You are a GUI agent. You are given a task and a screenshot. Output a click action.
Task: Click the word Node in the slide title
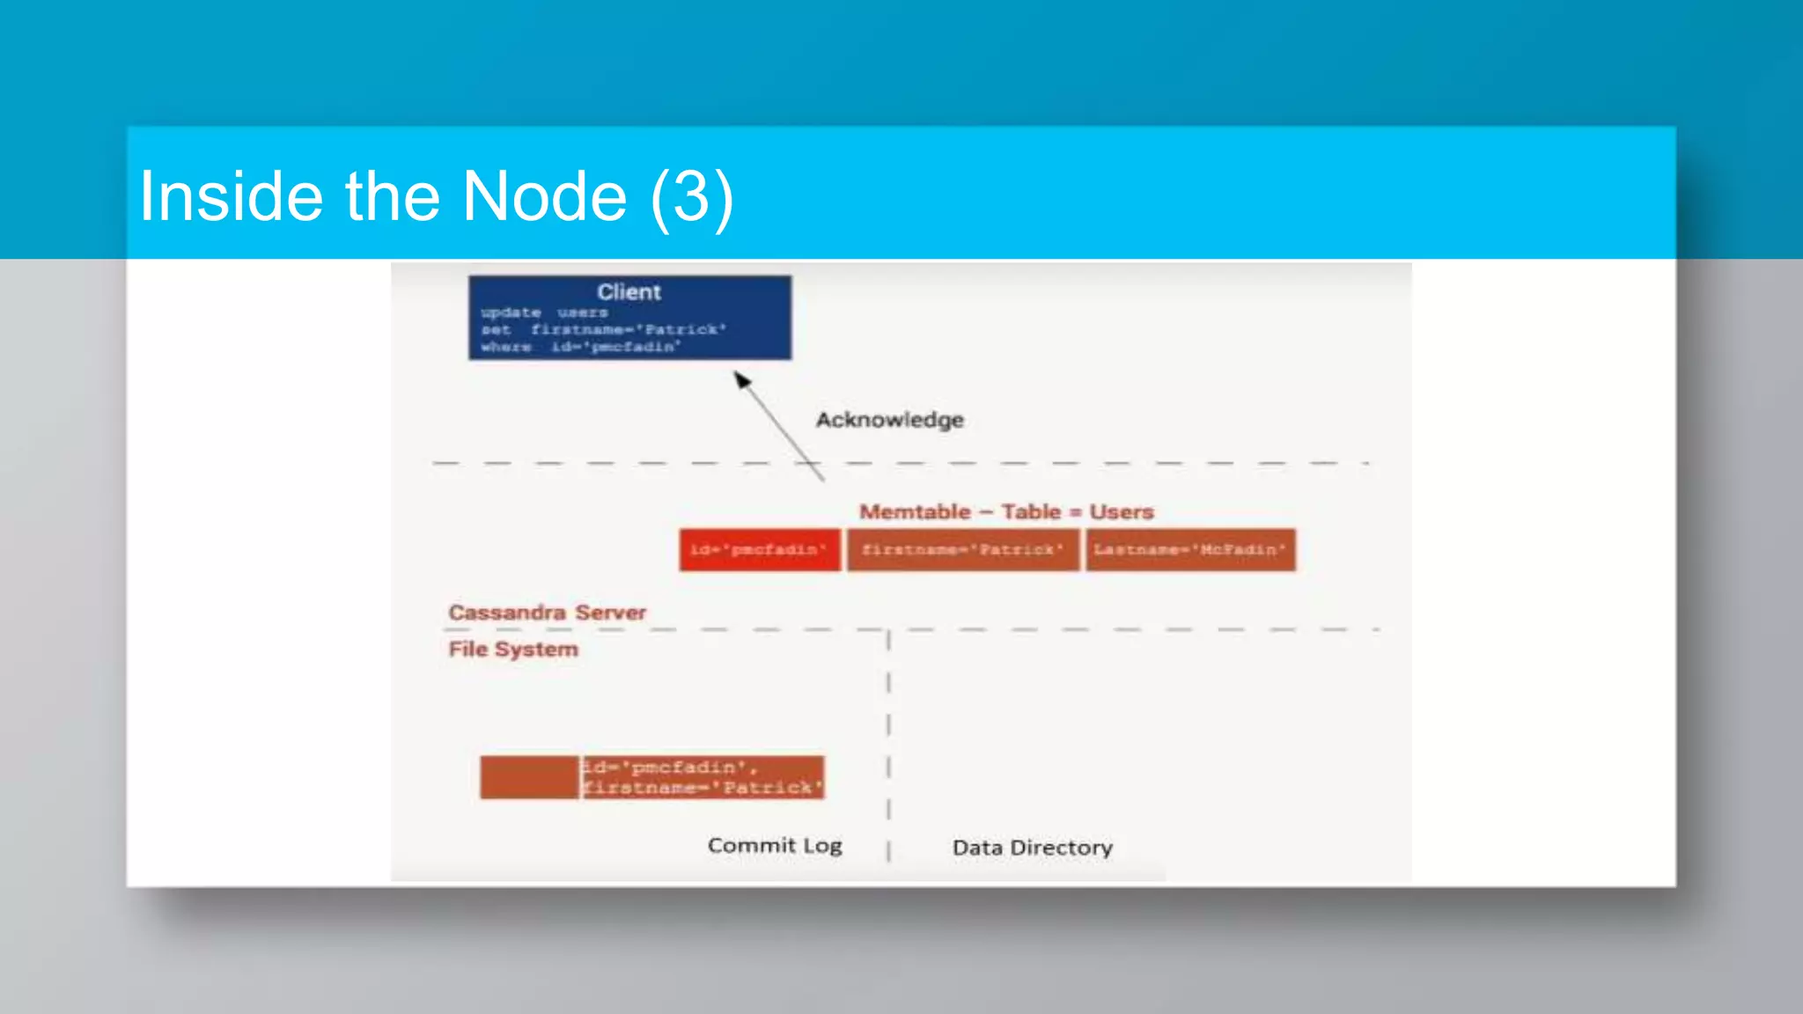pyautogui.click(x=544, y=196)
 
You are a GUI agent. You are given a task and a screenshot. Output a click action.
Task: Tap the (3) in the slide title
pyautogui.click(x=691, y=196)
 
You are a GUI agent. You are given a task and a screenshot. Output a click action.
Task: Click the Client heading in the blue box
pyautogui.click(x=629, y=292)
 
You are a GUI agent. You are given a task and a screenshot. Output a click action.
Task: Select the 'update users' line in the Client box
pyautogui.click(x=544, y=312)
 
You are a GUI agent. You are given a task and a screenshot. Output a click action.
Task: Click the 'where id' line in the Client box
pyautogui.click(x=581, y=347)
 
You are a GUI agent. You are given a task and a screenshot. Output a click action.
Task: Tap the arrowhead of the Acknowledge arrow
pyautogui.click(x=741, y=378)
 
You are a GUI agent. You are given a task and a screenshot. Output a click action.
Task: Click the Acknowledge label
pyautogui.click(x=889, y=420)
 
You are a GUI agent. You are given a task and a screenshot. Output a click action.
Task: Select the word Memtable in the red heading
pyautogui.click(x=915, y=511)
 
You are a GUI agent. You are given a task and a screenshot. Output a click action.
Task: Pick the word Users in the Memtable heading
pyautogui.click(x=1121, y=511)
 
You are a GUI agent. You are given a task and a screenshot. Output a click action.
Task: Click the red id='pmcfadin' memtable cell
pyautogui.click(x=759, y=550)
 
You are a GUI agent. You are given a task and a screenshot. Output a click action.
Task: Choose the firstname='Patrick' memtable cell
pyautogui.click(x=962, y=550)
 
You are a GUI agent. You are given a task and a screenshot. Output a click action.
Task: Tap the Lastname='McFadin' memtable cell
pyautogui.click(x=1190, y=550)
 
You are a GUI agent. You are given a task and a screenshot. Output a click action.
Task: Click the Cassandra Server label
pyautogui.click(x=547, y=613)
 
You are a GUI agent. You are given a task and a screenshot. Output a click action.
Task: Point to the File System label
pyautogui.click(x=513, y=650)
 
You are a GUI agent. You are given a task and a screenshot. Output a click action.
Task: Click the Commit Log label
pyautogui.click(x=775, y=846)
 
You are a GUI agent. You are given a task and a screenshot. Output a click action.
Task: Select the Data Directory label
pyautogui.click(x=1032, y=848)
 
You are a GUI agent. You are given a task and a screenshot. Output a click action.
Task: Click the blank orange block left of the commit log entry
pyautogui.click(x=529, y=777)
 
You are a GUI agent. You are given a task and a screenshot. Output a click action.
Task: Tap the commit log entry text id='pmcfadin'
pyautogui.click(x=669, y=767)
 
